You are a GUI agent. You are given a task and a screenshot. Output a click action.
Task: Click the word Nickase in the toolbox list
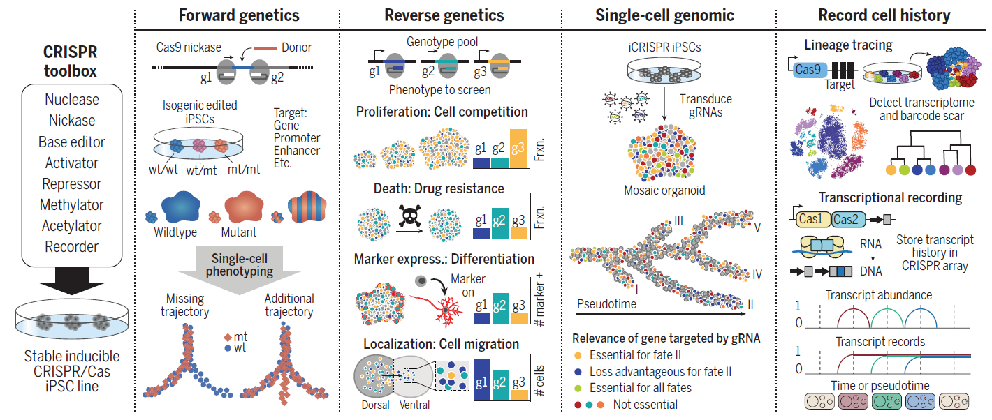coord(72,121)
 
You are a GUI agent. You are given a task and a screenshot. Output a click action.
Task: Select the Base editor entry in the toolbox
coord(72,142)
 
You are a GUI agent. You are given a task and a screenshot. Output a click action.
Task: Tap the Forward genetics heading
coord(239,15)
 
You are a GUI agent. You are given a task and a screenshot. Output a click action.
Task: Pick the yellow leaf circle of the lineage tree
coord(891,170)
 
